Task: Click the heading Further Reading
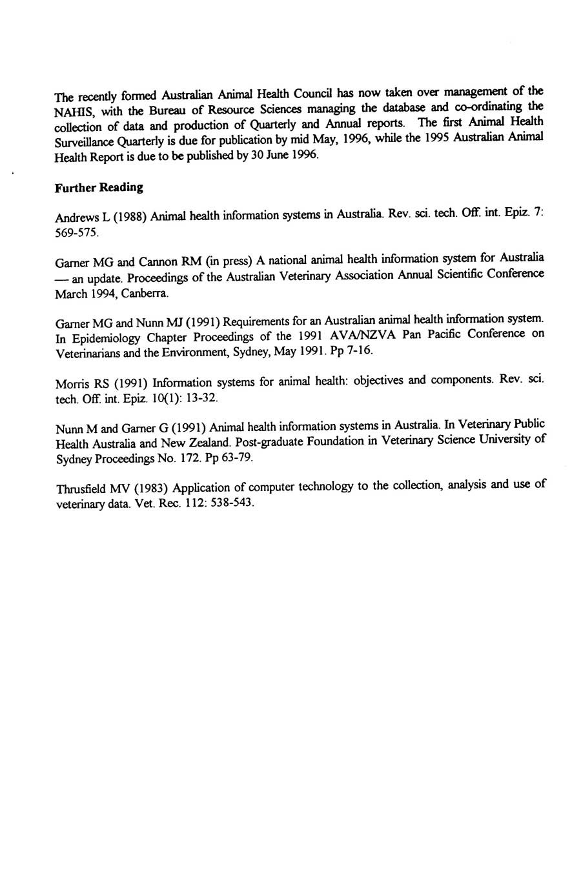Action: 99,188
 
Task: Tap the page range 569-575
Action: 77,233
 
